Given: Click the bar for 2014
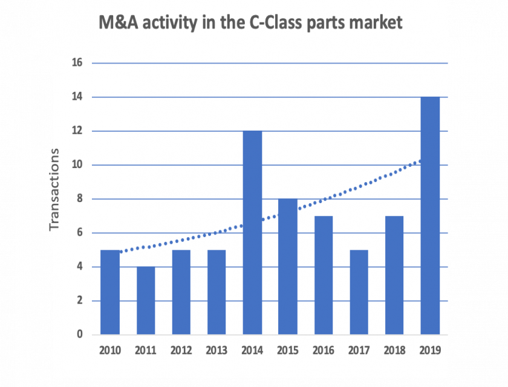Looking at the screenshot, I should tap(252, 233).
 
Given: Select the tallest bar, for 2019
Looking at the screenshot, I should tap(430, 216).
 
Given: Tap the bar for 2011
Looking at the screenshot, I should tap(146, 301).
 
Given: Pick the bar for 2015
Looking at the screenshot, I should tap(288, 267).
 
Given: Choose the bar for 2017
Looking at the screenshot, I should tap(359, 292).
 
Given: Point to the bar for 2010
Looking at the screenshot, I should tap(110, 292).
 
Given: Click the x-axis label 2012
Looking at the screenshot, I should tap(181, 350).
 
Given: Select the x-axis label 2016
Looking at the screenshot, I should tap(323, 350).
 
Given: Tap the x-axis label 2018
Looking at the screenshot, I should tap(394, 350).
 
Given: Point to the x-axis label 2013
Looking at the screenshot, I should tap(217, 350).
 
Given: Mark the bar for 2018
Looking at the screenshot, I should tap(394, 275).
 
